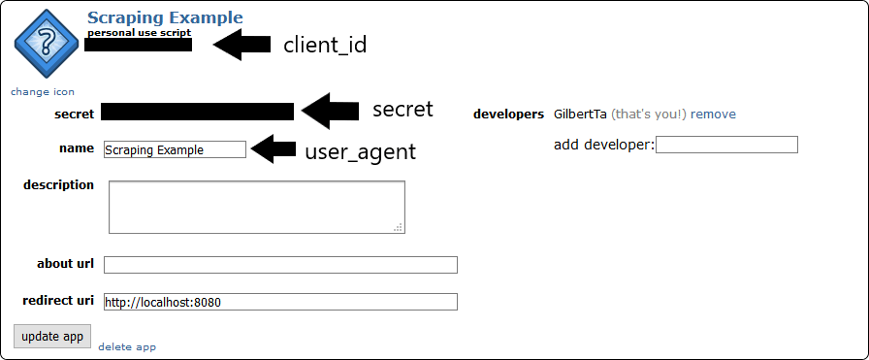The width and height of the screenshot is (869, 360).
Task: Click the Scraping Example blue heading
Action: click(x=165, y=17)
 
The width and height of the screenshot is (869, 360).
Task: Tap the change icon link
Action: click(x=43, y=92)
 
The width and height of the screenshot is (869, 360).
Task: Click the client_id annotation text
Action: click(x=325, y=45)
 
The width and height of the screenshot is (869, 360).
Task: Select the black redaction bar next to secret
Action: click(x=197, y=112)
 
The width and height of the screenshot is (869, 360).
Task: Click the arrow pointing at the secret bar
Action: click(x=329, y=111)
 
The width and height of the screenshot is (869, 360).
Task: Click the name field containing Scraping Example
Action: click(x=175, y=150)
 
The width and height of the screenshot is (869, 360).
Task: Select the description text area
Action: click(x=256, y=207)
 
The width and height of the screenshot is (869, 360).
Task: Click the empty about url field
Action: click(x=280, y=265)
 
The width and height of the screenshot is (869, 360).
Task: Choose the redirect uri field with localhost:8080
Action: click(x=280, y=302)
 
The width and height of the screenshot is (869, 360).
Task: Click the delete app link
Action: click(x=127, y=346)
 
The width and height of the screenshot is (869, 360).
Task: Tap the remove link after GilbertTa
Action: click(x=713, y=115)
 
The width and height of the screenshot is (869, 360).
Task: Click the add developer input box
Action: click(x=726, y=145)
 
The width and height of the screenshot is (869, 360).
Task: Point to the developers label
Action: click(x=508, y=115)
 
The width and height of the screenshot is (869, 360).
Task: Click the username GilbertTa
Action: click(x=580, y=115)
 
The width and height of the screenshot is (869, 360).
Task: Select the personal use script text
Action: click(x=139, y=32)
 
